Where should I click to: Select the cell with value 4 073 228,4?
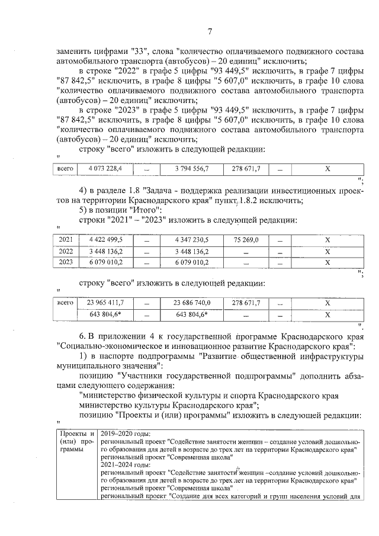pos(105,169)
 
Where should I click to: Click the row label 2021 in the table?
pos(66,239)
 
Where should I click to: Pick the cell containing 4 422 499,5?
pos(105,239)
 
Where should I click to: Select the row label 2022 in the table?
pos(66,251)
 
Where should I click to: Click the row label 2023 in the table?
pos(66,262)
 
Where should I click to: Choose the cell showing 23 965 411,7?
pos(105,302)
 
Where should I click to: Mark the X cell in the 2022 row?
pos(326,251)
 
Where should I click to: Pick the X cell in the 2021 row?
pos(326,239)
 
